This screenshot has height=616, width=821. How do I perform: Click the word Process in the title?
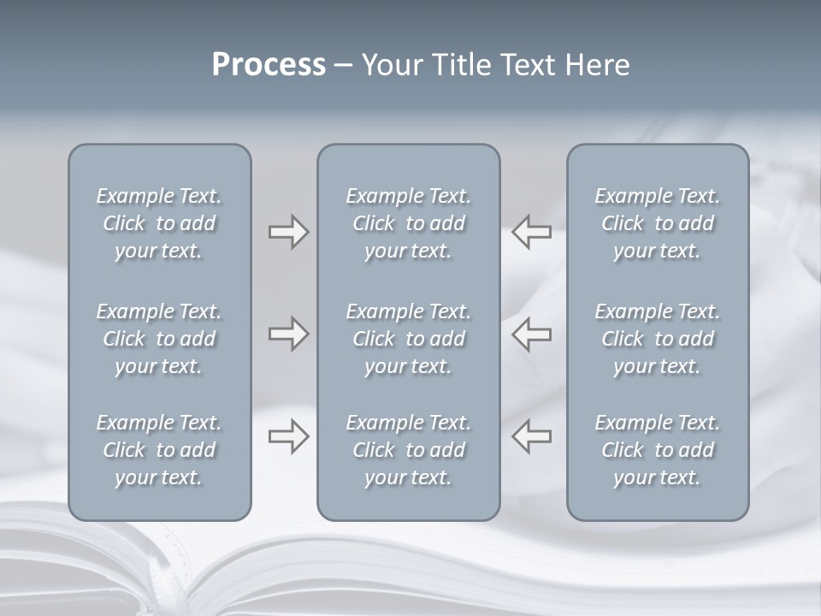point(269,65)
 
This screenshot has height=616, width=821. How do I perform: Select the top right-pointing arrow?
point(288,232)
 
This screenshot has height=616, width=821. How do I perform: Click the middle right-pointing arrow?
point(288,334)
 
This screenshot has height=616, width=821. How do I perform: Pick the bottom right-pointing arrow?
point(288,436)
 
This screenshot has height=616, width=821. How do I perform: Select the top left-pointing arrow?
point(531,232)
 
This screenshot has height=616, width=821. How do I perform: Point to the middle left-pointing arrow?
point(531,334)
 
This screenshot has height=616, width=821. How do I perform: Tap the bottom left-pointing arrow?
point(531,436)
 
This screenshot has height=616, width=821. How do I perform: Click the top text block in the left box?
point(159,223)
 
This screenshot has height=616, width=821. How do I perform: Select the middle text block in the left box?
point(159,339)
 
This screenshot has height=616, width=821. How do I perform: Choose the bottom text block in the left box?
point(159,450)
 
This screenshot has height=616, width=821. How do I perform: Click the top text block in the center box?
point(409,223)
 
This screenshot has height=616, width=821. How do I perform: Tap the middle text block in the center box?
point(409,339)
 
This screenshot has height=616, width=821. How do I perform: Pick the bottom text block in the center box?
point(409,450)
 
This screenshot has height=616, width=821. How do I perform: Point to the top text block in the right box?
point(658,223)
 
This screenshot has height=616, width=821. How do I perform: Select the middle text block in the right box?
point(658,339)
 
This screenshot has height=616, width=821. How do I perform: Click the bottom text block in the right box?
point(658,450)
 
